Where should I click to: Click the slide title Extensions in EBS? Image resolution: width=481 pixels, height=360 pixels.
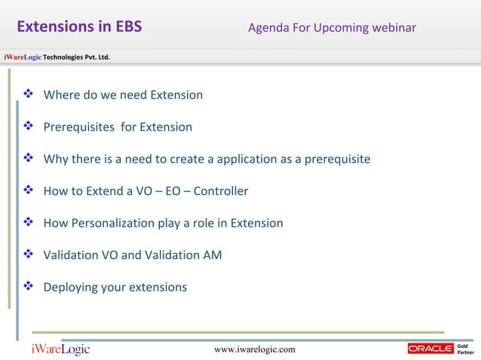tap(79, 28)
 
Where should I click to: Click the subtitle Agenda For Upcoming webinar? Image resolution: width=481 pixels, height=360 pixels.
tap(332, 29)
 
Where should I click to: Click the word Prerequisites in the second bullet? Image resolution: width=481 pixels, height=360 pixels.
tap(78, 127)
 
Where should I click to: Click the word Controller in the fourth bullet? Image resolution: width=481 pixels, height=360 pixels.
tap(221, 191)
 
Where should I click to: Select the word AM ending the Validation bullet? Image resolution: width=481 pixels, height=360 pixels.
tap(213, 255)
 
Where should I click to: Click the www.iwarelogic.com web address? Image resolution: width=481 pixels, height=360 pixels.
tap(255, 349)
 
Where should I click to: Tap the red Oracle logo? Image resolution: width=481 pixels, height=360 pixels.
tap(430, 349)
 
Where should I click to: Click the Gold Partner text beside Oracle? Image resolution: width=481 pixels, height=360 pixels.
tap(466, 349)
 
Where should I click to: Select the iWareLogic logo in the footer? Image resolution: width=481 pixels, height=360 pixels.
tap(60, 349)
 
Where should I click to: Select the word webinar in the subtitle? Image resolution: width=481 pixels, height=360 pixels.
tap(394, 29)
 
